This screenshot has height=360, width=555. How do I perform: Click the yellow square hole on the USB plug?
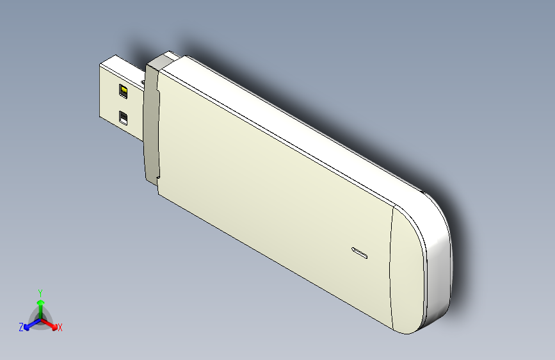click(124, 92)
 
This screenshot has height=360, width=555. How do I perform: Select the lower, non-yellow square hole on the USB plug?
click(124, 118)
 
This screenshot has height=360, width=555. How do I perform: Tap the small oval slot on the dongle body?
click(360, 252)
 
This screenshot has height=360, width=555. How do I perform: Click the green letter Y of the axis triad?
click(40, 291)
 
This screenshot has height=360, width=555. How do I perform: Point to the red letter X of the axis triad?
click(60, 328)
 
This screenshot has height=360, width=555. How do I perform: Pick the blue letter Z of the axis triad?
click(21, 327)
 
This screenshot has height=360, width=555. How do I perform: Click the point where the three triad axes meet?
click(40, 318)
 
